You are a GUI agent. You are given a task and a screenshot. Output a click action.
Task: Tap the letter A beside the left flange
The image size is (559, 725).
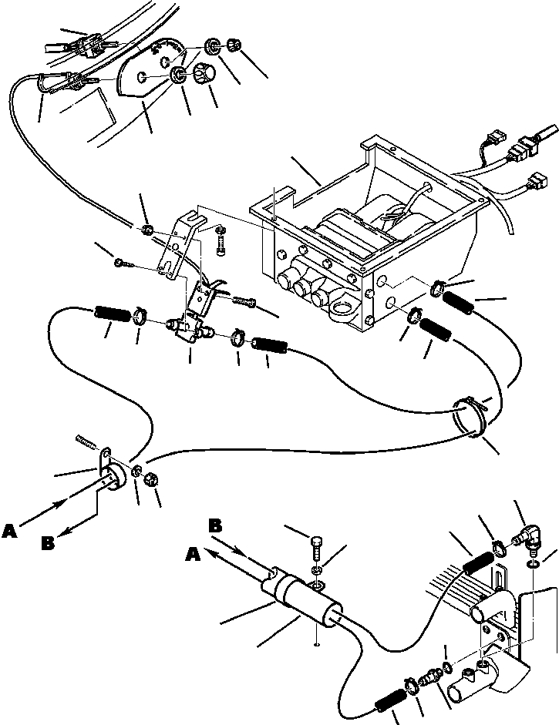(10, 531)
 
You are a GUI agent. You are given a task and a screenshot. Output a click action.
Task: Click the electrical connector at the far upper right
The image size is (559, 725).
(532, 143)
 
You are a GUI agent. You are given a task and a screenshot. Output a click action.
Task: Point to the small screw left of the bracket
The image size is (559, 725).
(122, 263)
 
